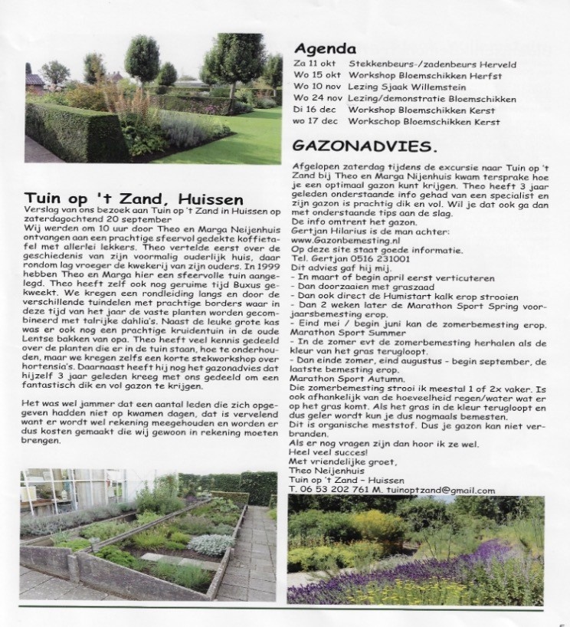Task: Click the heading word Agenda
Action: pyautogui.click(x=319, y=45)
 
